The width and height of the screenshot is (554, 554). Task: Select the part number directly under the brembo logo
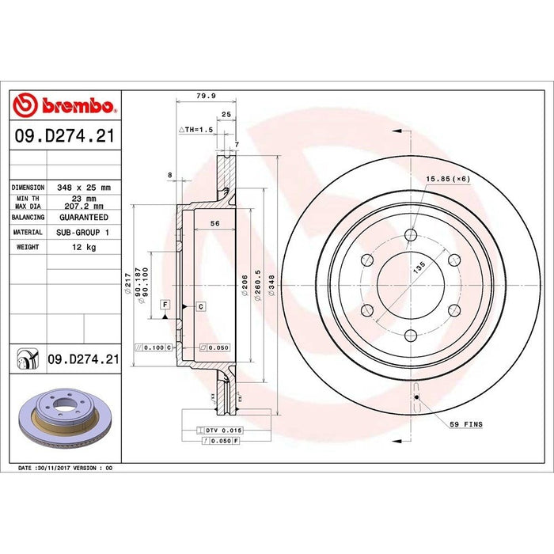pos(65,136)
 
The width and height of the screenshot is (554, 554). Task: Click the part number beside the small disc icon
pos(83,359)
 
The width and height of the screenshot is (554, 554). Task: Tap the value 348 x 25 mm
pos(84,188)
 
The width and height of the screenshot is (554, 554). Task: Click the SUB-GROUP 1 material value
pos(83,232)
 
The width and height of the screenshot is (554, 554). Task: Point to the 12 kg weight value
pos(83,248)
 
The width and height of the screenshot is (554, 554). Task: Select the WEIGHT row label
pos(28,248)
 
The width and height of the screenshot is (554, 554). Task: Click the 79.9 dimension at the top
pos(206,97)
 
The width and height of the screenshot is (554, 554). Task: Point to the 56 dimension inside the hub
pos(214,224)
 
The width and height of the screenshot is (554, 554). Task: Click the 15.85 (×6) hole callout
pos(447,179)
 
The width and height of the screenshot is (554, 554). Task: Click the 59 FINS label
pos(466,425)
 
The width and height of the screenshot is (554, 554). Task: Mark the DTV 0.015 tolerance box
pos(219,429)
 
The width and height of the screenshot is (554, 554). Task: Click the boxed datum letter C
pos(201,305)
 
